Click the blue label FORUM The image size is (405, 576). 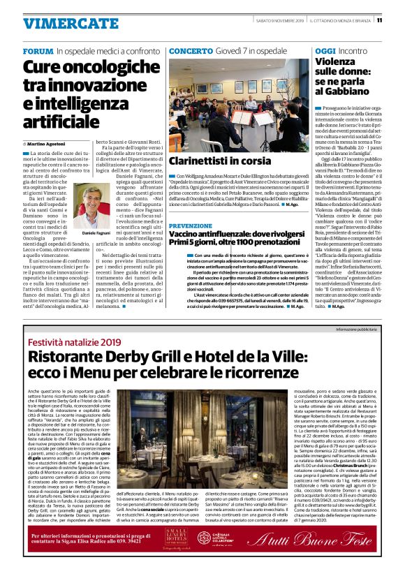(38, 52)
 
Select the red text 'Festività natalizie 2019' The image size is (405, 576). (71, 343)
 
